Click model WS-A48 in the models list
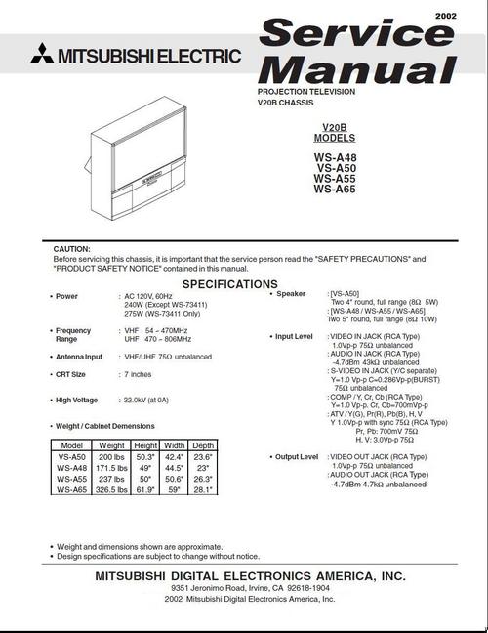(x=335, y=156)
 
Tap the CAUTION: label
(x=71, y=249)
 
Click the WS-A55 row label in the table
(x=71, y=480)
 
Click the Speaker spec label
(x=291, y=293)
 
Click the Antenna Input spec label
(x=79, y=357)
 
